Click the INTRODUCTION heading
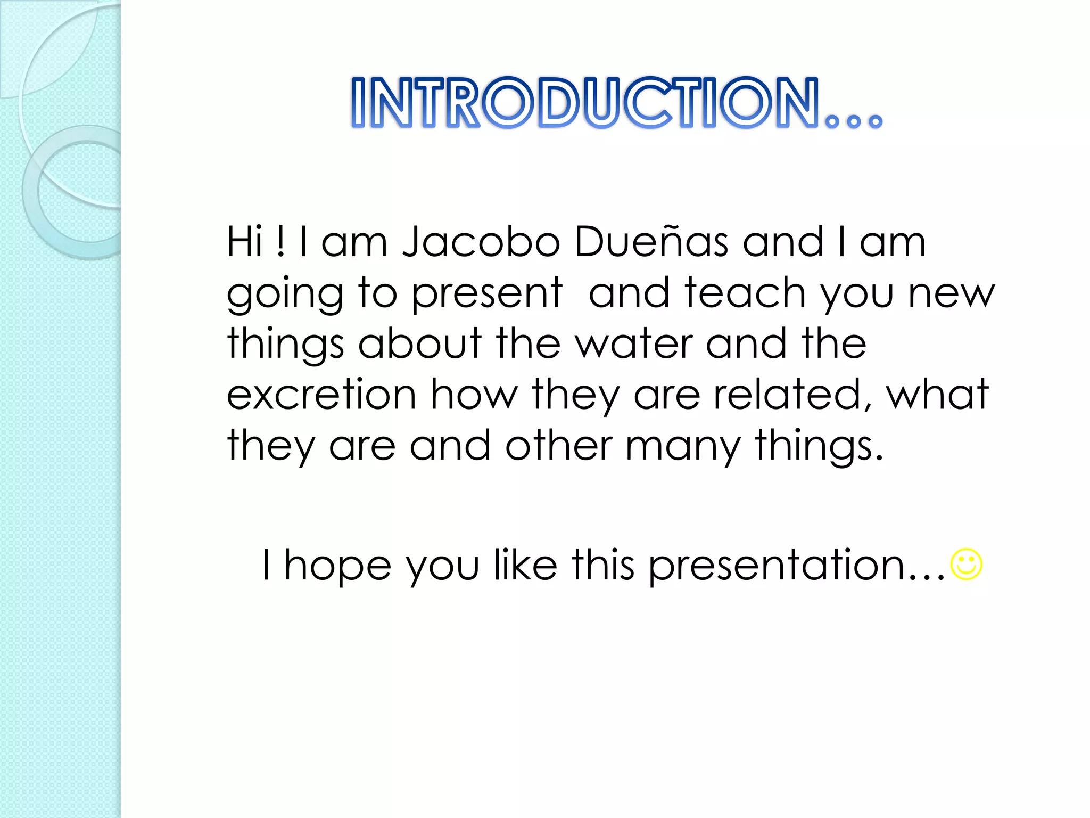pyautogui.click(x=616, y=102)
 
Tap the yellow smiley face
pyautogui.click(x=966, y=564)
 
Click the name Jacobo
pyautogui.click(x=481, y=242)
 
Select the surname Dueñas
pyautogui.click(x=651, y=241)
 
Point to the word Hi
pyautogui.click(x=245, y=242)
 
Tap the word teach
pyautogui.click(x=745, y=293)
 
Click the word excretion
pyautogui.click(x=321, y=395)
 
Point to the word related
pyautogui.click(x=793, y=395)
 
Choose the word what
pyautogui.click(x=937, y=395)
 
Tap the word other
pyautogui.click(x=559, y=445)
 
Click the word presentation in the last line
pyautogui.click(x=777, y=566)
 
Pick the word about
pyautogui.click(x=420, y=343)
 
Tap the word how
pyautogui.click(x=474, y=395)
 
